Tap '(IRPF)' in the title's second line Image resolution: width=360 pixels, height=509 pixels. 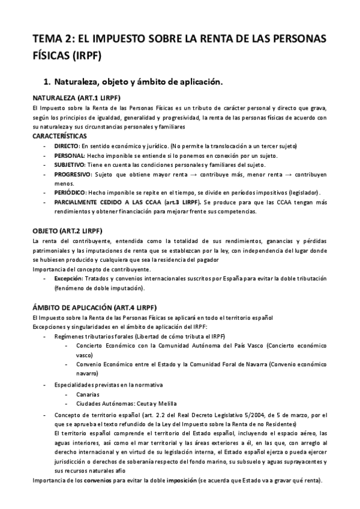tap(83, 56)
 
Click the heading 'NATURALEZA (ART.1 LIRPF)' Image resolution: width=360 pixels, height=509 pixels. tap(76, 97)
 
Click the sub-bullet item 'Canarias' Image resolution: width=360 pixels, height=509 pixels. tap(88, 394)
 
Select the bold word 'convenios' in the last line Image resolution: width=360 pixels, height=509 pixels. tap(94, 480)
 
